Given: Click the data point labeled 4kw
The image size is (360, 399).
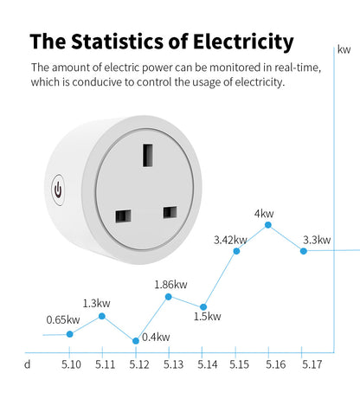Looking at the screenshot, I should coord(267,225).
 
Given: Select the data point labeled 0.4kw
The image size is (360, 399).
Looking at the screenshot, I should coord(135,340).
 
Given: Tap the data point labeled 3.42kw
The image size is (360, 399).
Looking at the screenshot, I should coord(236,251).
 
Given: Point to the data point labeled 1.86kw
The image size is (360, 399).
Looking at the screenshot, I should coord(168,297).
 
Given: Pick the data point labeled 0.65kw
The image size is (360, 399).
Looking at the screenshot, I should coord(70,333).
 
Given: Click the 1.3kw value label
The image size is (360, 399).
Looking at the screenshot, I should coord(97,303).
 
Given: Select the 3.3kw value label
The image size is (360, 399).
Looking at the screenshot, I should coord(316,240).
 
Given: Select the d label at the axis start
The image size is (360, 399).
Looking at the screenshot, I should coord(27,364).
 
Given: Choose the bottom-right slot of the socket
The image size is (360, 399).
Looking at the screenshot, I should coord(170,211).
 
